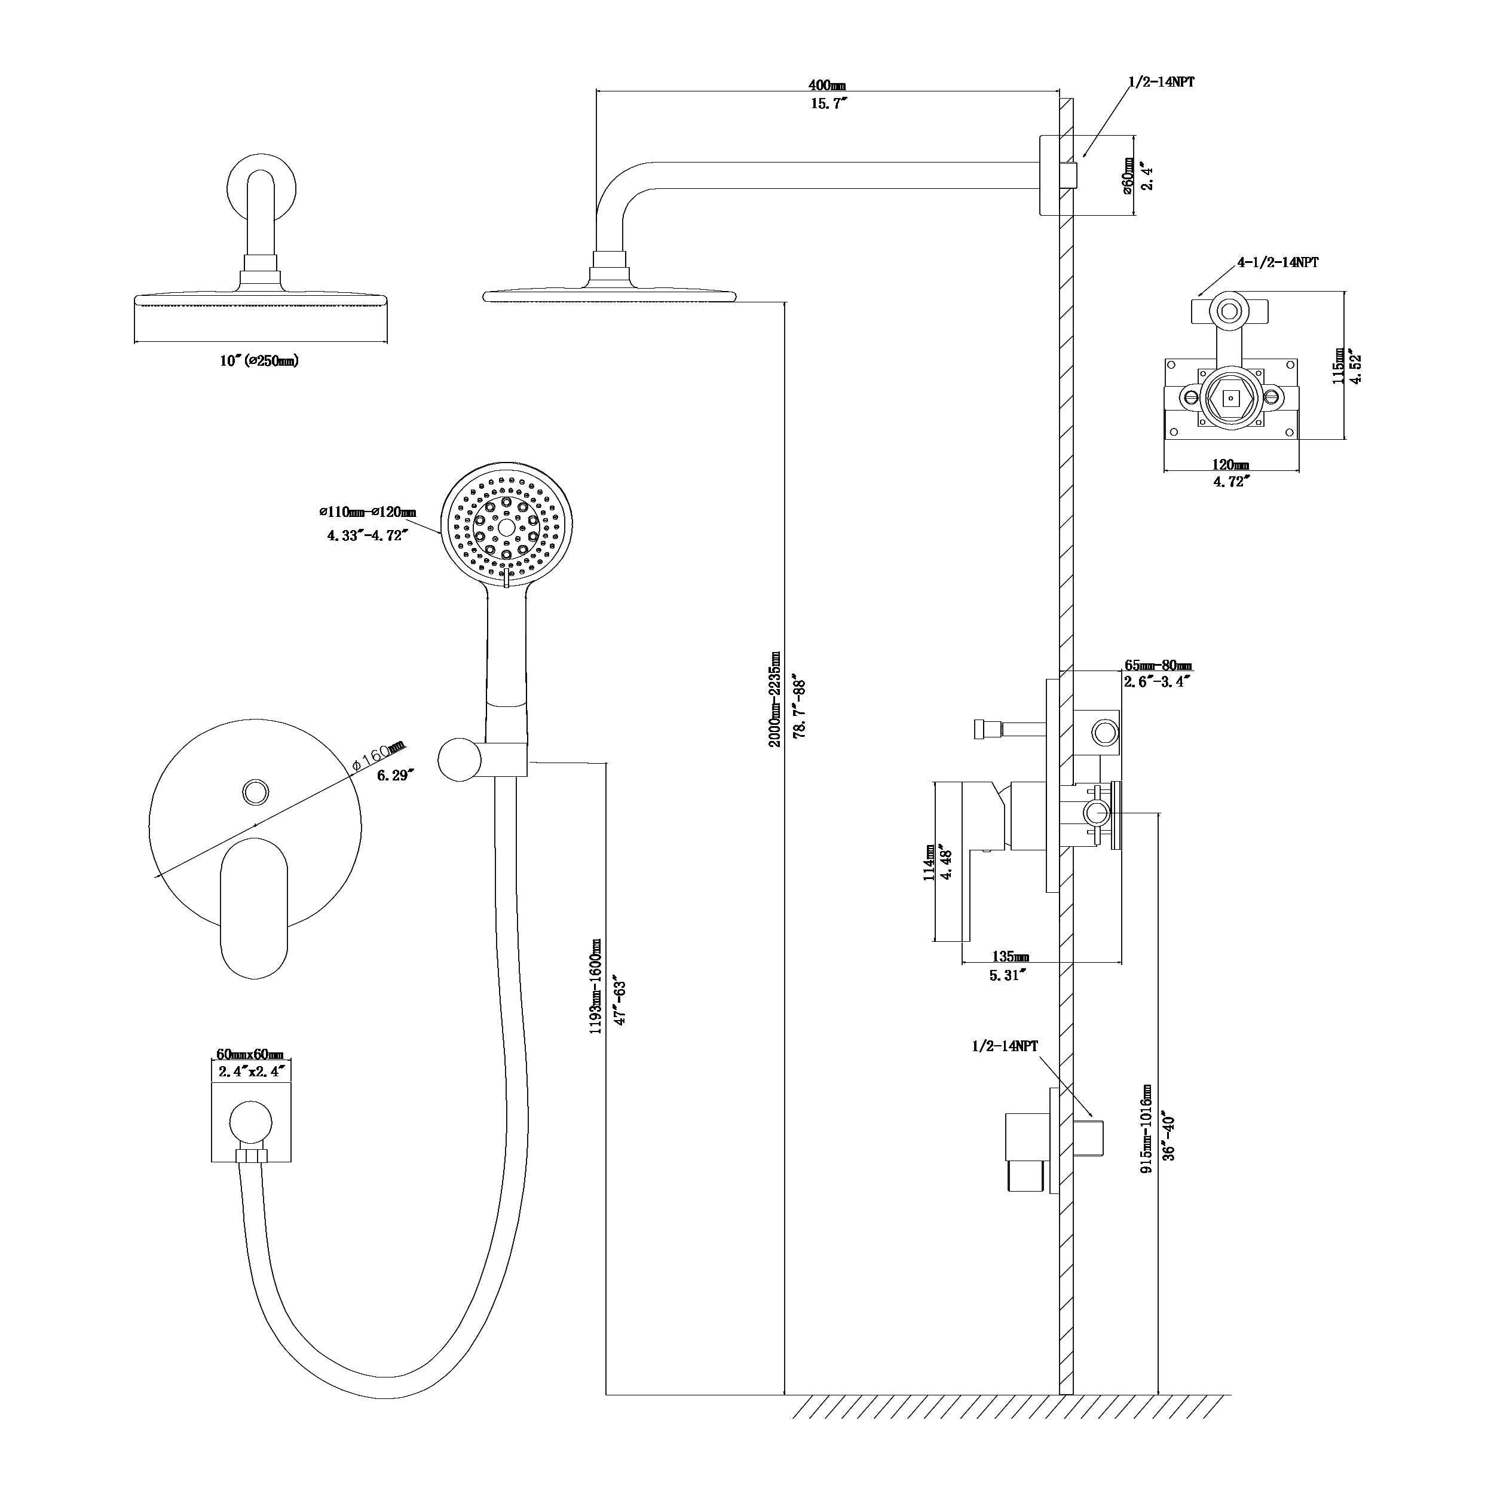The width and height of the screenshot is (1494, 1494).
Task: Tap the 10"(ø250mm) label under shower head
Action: pyautogui.click(x=258, y=361)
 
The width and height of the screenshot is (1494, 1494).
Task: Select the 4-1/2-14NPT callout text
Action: pyautogui.click(x=1278, y=262)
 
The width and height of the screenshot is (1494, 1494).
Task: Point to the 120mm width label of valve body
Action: pyautogui.click(x=1229, y=465)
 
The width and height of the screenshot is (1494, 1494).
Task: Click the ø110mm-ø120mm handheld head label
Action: pyautogui.click(x=368, y=512)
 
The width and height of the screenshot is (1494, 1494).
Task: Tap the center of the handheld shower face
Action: pyautogui.click(x=507, y=528)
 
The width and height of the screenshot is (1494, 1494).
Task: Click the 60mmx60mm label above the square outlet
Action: pyautogui.click(x=250, y=1055)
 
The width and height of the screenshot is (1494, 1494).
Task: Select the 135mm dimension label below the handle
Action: pyautogui.click(x=1010, y=957)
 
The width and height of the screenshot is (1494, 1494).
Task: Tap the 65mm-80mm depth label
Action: pyautogui.click(x=1157, y=666)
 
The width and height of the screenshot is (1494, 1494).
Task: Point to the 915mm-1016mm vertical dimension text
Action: pyautogui.click(x=1147, y=1128)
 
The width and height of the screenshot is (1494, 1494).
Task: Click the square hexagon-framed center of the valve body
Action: pyautogui.click(x=1230, y=398)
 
